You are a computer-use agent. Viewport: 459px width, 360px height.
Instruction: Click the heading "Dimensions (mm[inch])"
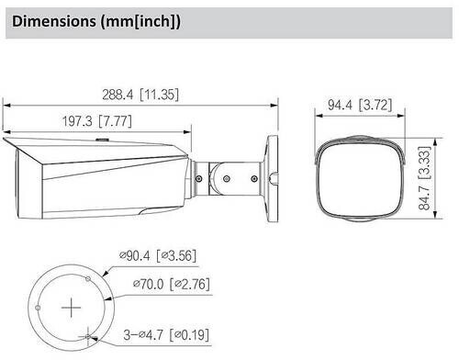pyautogui.click(x=96, y=22)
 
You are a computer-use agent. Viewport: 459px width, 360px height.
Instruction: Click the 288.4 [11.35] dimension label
pyautogui.click(x=140, y=95)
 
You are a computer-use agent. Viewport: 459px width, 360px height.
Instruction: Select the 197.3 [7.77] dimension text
pyautogui.click(x=97, y=121)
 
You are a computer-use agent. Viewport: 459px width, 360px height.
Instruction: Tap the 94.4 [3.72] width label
pyautogui.click(x=360, y=105)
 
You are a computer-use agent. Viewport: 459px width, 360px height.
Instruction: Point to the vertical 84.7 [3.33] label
pyautogui.click(x=424, y=178)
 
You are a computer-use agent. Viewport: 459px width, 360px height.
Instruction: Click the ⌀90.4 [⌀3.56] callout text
pyautogui.click(x=158, y=255)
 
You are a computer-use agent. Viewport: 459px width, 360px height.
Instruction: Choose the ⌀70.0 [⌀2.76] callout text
pyautogui.click(x=172, y=285)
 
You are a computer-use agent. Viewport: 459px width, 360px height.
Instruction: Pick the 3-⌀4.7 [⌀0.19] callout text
pyautogui.click(x=166, y=335)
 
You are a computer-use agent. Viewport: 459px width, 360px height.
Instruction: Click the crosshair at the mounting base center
pyautogui.click(x=71, y=308)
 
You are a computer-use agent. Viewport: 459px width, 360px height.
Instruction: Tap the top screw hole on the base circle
pyautogui.click(x=88, y=278)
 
